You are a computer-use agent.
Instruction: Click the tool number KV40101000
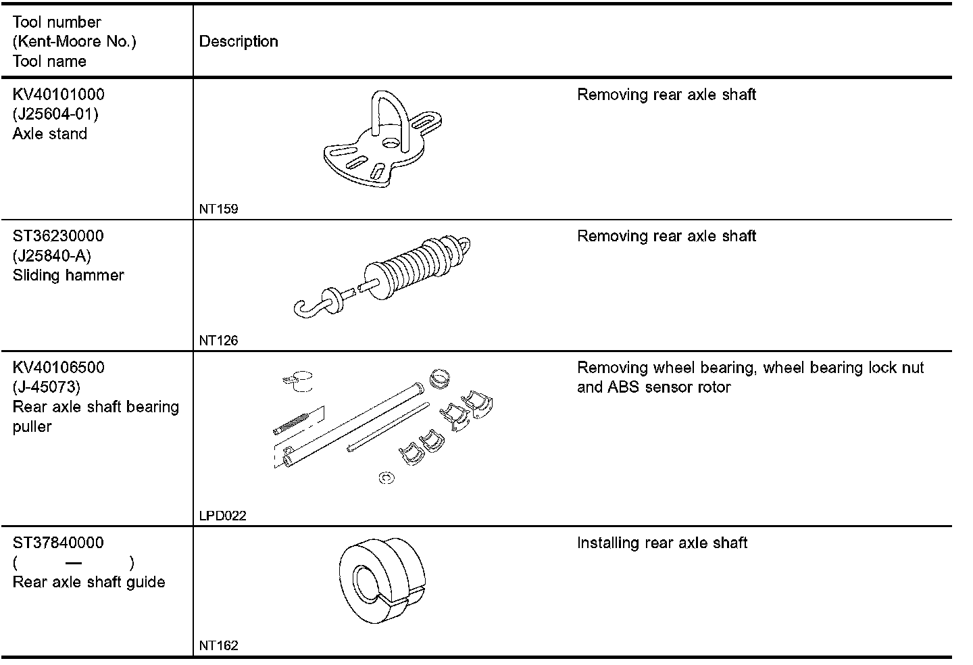[59, 95]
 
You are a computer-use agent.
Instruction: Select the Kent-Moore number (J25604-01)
[55, 114]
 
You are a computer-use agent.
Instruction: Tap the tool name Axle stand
[50, 134]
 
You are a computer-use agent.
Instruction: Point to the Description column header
[239, 42]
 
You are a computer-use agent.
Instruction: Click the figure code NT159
[218, 209]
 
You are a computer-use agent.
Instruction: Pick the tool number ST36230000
[58, 237]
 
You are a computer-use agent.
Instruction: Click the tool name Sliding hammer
[68, 276]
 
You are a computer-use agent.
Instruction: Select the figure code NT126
[218, 341]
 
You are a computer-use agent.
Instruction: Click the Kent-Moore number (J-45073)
[47, 387]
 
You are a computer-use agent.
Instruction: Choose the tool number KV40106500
[59, 368]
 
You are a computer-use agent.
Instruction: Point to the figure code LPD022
[222, 516]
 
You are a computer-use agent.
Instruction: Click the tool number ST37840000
[58, 543]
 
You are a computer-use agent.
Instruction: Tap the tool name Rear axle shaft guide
[89, 583]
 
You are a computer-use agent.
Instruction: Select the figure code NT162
[218, 645]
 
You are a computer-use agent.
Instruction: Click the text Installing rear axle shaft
[662, 543]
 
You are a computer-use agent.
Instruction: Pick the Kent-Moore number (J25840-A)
[51, 256]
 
